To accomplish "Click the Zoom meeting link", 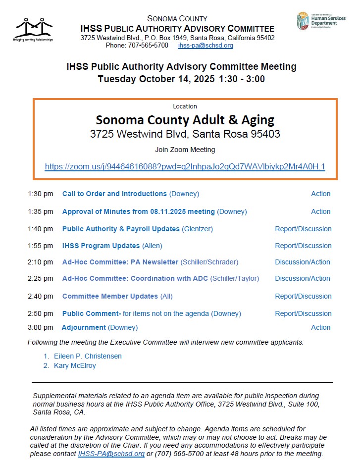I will click(185, 167).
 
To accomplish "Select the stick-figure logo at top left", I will click(34, 29).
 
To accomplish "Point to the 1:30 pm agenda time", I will click(40, 194).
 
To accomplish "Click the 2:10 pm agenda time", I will click(40, 262).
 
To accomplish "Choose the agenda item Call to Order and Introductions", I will click(114, 194).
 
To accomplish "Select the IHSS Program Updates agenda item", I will click(101, 246).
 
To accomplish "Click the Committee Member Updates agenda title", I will click(110, 296).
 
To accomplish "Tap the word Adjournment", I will click(84, 327).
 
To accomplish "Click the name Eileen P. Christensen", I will click(88, 356).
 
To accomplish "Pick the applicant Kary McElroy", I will click(75, 366).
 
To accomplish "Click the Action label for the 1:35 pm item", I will click(320, 211).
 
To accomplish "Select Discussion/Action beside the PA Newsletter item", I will click(303, 262).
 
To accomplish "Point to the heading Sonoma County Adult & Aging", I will click(185, 120).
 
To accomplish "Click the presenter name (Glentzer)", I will click(197, 229).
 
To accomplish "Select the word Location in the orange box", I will click(185, 106).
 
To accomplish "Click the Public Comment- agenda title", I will click(92, 313).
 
